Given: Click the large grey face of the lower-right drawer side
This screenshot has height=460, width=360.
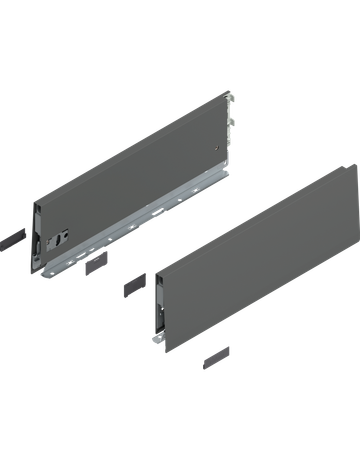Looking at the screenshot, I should (255, 255).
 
